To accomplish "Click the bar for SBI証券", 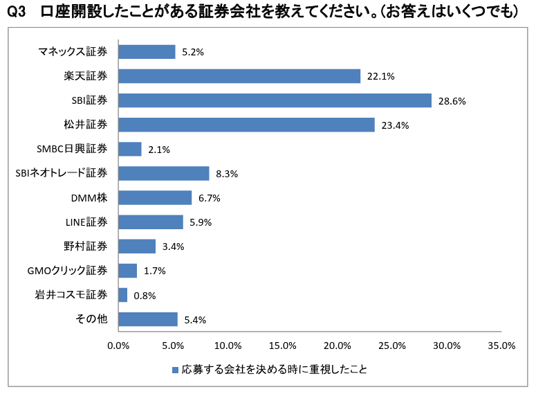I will coord(275,100).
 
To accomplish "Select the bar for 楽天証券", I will coord(239,76).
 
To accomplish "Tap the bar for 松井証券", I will coord(246,125).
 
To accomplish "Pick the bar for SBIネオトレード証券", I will coord(164,173).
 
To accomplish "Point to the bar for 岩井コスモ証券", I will coord(123,295).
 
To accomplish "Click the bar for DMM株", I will coord(155,198).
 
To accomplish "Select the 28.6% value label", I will coord(452,101).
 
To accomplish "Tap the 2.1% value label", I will coord(159,150).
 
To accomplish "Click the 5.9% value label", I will coord(200,222).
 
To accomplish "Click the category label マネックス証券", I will coord(73,51).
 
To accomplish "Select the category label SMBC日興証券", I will coord(72,149).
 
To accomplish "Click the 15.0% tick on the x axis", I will coord(283,346).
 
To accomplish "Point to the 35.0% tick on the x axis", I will coord(501,346).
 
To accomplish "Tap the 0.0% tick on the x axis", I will coord(119,346).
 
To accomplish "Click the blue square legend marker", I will coord(175,370).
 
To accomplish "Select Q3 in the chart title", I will coord(17,12).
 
